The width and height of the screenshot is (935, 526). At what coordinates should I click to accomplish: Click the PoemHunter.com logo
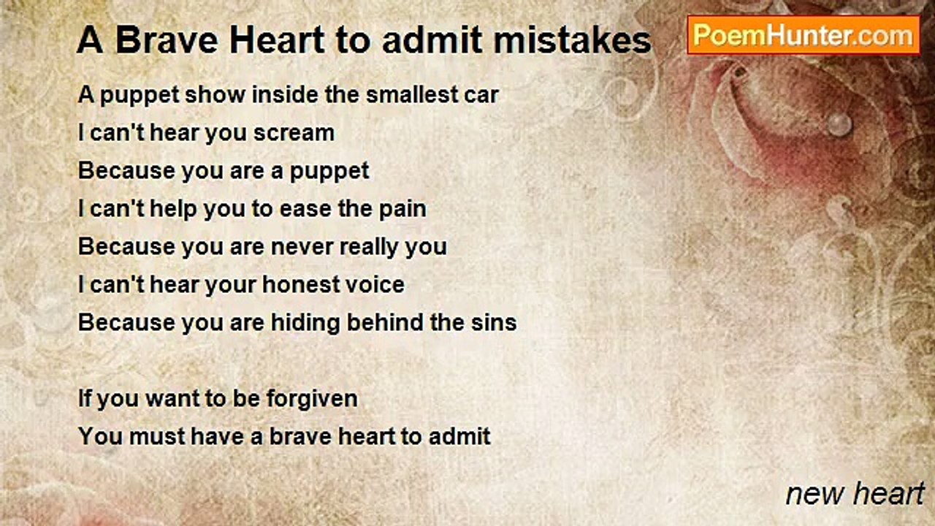(803, 35)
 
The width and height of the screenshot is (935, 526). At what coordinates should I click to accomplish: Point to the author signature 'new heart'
(855, 494)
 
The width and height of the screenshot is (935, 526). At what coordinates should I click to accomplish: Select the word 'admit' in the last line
(460, 437)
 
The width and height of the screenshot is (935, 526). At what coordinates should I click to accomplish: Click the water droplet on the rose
(839, 124)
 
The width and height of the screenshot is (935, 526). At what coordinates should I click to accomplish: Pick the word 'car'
(482, 95)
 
